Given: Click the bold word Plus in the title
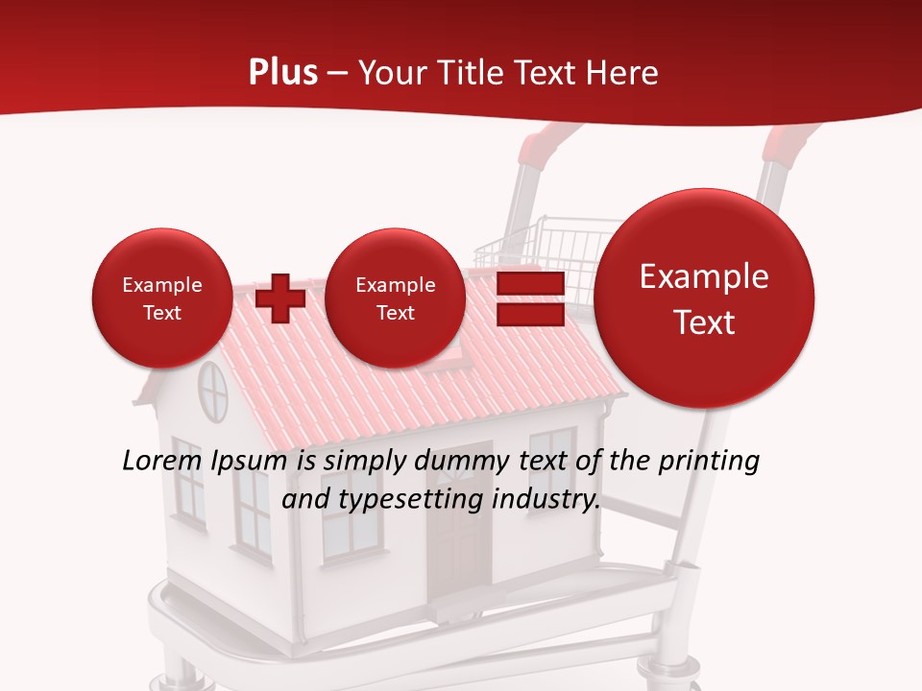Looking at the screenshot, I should pyautogui.click(x=282, y=73).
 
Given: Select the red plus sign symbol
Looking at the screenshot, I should pyautogui.click(x=280, y=298).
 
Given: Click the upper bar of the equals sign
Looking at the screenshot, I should pyautogui.click(x=529, y=284).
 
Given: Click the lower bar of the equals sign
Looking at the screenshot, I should pyautogui.click(x=529, y=315).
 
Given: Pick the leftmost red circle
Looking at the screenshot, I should pyautogui.click(x=161, y=298).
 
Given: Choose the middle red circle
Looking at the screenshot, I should pyautogui.click(x=395, y=298).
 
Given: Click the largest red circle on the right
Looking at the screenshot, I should pyautogui.click(x=704, y=298).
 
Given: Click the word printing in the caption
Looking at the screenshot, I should pyautogui.click(x=708, y=461).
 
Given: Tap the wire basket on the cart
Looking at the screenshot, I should pyautogui.click(x=538, y=250).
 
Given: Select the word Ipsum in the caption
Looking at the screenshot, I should pyautogui.click(x=248, y=461).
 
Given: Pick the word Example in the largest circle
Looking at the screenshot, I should pyautogui.click(x=704, y=276).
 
